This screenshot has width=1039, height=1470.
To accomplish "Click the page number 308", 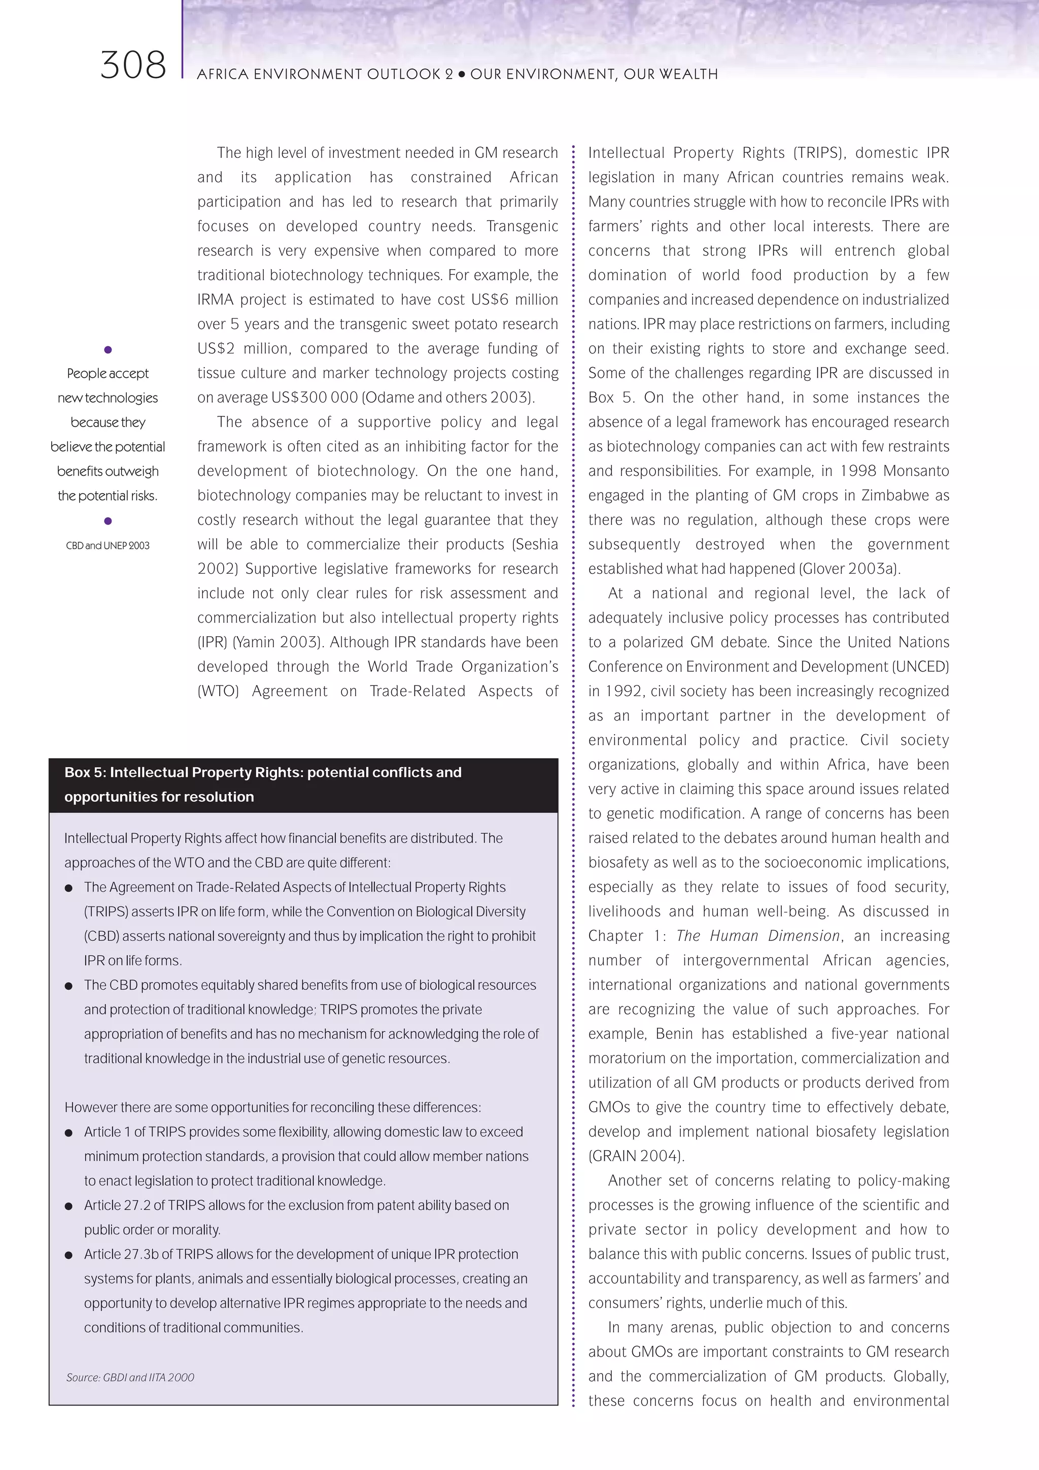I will point(133,66).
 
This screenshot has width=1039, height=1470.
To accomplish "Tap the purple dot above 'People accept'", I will point(108,349).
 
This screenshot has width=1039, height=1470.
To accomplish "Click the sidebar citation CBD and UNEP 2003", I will point(108,545).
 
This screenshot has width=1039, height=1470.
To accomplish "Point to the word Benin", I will point(674,1034).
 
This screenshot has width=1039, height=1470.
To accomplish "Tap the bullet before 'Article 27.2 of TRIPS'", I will point(68,1207).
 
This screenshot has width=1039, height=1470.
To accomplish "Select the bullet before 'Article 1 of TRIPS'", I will point(68,1133).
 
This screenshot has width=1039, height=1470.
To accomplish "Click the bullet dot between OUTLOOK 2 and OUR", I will point(461,74).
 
